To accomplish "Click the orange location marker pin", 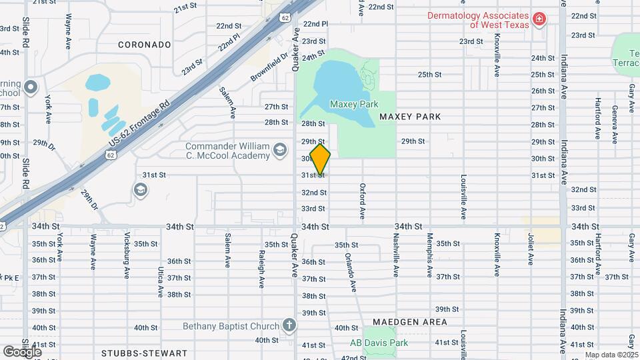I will (x=320, y=160).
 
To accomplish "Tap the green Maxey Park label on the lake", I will (x=354, y=104).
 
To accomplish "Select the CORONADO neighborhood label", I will (x=145, y=45).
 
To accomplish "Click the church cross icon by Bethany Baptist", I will (x=289, y=326).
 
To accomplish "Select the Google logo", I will (x=22, y=351).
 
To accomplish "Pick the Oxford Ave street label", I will (x=363, y=201).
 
